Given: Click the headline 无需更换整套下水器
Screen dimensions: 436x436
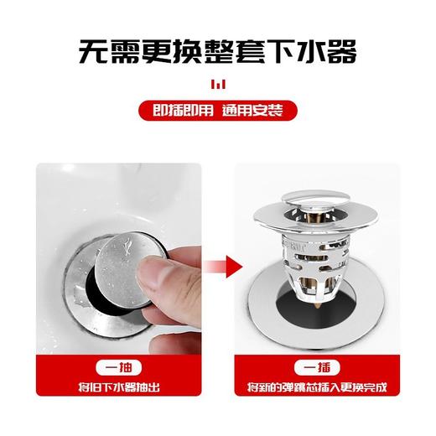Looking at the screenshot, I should (x=217, y=51).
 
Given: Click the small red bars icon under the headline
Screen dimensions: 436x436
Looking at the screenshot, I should (x=218, y=84).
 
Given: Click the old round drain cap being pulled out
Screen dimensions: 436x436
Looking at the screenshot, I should (x=126, y=252).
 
